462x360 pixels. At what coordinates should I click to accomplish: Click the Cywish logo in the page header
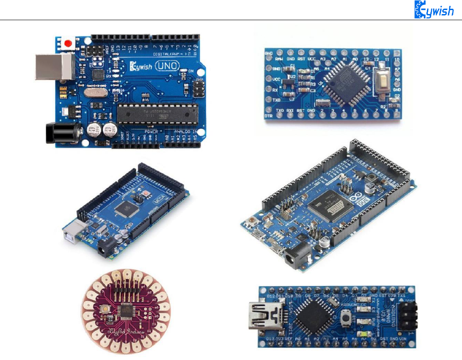[x=434, y=10]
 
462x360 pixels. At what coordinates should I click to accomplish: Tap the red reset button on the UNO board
[x=67, y=43]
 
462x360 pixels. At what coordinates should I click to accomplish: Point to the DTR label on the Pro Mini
[x=269, y=116]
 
